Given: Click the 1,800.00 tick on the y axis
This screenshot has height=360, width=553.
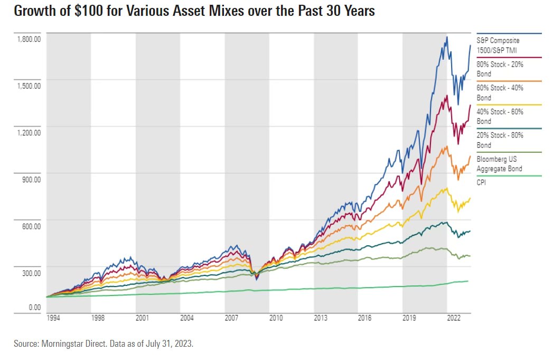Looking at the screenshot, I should pos(27,39).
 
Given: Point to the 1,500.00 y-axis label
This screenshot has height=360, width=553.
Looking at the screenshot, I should pos(27,86).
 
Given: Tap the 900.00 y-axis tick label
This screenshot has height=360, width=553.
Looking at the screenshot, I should pos(30,179).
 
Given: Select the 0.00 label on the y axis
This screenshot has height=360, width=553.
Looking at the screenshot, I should pos(34,307).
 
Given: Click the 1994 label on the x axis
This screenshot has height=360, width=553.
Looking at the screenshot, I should pos(53,318).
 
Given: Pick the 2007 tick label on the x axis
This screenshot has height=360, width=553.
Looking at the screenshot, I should pos(231,318).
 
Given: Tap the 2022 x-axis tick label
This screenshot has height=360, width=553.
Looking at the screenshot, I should pos(453,318).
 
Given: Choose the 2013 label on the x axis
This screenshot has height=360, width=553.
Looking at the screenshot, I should pos(320,318).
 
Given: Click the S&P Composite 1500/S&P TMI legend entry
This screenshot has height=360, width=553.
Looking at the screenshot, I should pos(498,44).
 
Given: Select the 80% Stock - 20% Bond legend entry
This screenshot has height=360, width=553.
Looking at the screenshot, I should pos(500,68).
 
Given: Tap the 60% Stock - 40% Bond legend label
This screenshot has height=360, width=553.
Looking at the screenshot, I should pos(500,92).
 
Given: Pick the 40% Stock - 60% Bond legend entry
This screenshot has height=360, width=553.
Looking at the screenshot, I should pos(500,116).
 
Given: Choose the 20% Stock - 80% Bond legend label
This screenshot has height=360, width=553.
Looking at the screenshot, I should pos(500,140).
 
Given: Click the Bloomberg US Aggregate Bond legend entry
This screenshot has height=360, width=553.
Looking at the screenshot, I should pos(499,163).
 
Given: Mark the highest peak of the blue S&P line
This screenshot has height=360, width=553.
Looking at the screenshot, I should pos(447,36).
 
